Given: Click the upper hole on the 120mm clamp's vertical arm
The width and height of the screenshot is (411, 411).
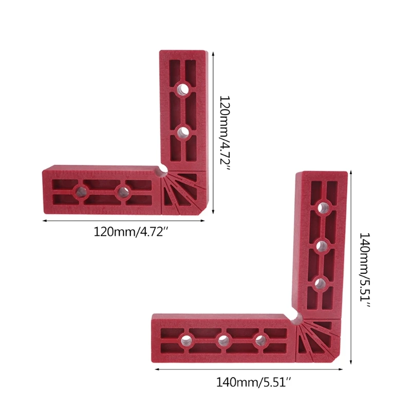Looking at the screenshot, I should point(182,89).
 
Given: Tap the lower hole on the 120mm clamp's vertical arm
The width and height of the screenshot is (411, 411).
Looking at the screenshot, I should point(182,133).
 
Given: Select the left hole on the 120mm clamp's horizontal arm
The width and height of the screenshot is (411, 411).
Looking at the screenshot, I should point(80,192).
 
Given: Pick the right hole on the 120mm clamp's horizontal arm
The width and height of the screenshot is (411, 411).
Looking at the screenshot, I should point(122,192).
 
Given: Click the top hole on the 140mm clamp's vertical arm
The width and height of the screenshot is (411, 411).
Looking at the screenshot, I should point(322,208).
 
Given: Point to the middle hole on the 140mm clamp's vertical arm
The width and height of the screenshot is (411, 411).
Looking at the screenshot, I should point(322,245).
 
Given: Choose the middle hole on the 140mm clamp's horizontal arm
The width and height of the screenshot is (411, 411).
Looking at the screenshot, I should point(223,340).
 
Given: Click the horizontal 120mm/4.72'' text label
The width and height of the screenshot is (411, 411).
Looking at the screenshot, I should point(131,232).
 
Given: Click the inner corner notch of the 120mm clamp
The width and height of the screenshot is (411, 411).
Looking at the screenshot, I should point(163,169).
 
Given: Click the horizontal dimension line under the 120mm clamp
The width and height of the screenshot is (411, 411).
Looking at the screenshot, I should point(123,221).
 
